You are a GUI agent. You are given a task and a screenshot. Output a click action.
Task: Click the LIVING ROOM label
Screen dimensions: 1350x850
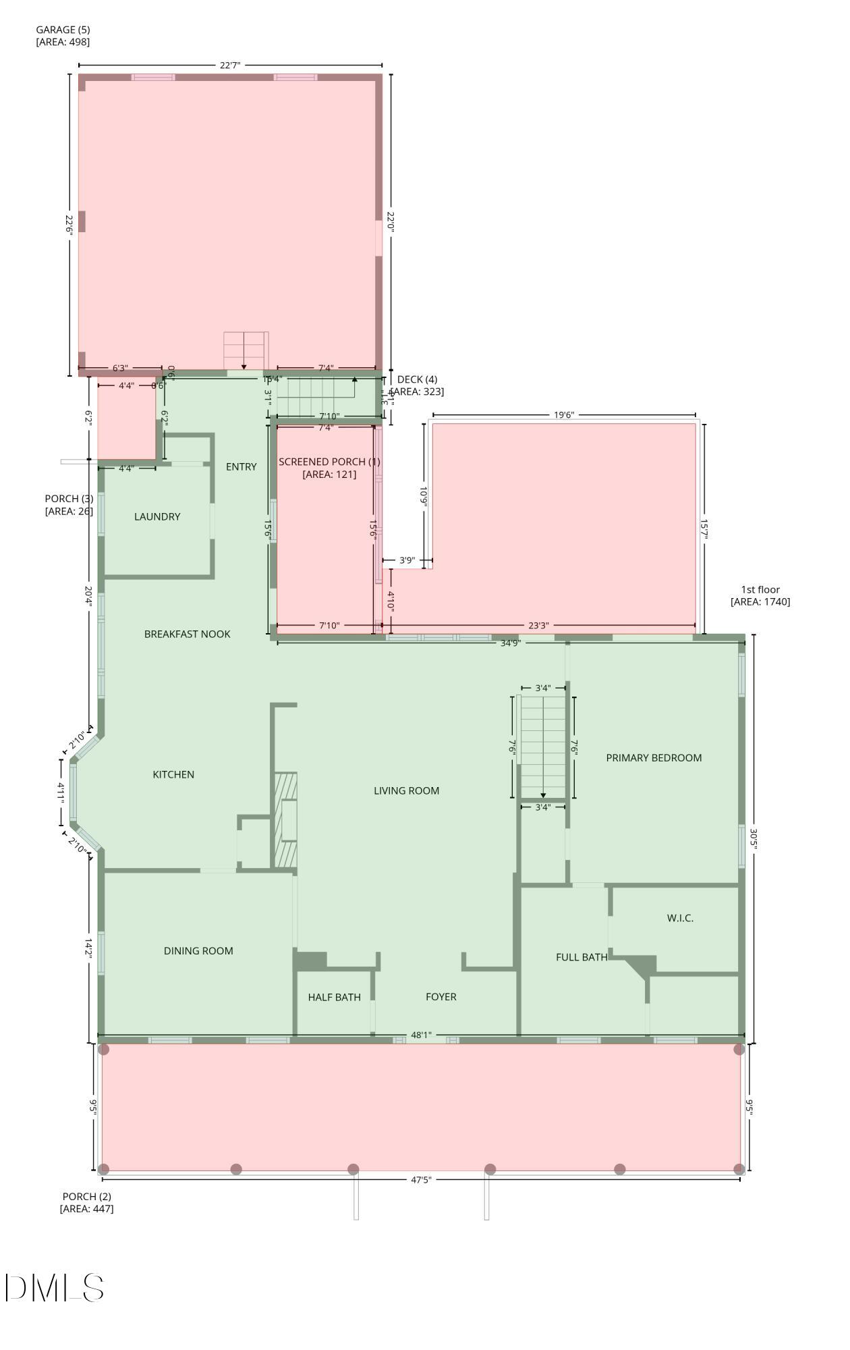406,790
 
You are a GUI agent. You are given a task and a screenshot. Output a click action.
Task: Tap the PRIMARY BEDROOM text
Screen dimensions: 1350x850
654,757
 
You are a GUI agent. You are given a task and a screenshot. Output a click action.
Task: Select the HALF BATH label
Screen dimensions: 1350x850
334,997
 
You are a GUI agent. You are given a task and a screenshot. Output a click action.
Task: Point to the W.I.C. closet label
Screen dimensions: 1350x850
679,918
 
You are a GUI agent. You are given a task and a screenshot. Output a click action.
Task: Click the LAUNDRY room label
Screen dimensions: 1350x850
157,516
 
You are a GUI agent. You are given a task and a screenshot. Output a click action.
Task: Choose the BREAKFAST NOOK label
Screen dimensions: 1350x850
187,634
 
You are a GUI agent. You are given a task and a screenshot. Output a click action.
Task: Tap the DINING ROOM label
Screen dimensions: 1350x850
198,950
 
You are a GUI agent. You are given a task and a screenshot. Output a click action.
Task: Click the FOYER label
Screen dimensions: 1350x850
441,996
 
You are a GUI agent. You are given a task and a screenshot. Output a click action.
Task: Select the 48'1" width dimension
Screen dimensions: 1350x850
421,1035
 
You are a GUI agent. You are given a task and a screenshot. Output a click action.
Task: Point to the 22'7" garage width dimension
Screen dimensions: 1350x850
230,65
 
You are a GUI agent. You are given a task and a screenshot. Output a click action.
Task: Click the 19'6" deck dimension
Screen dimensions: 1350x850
563,415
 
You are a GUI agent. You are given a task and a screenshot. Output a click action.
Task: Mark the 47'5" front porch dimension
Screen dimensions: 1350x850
421,1180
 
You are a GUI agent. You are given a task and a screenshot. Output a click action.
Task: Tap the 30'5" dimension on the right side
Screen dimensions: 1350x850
754,839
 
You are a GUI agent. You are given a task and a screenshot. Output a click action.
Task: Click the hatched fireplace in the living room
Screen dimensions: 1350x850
285,820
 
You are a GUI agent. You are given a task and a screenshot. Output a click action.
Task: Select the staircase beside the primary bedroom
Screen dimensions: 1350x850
542,746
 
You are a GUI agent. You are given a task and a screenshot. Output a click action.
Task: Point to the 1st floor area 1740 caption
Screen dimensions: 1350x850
760,595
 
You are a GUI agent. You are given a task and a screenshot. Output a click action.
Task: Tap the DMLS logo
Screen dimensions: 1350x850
54,1288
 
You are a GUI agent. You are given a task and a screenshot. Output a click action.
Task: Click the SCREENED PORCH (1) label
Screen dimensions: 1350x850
329,468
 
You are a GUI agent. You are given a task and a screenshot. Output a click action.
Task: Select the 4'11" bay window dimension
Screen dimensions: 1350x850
61,792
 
